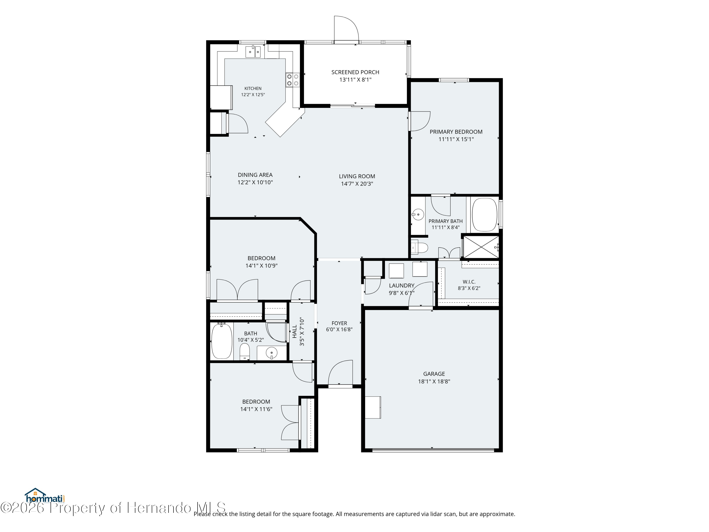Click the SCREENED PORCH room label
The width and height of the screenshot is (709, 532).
(x=355, y=72)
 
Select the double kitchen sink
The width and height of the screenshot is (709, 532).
(x=253, y=52)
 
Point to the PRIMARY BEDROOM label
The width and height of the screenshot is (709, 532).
(x=456, y=132)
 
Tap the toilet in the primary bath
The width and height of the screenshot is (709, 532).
(x=420, y=248)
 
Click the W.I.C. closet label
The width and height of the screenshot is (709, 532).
(x=469, y=282)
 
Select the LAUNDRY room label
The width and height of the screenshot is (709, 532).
(x=402, y=285)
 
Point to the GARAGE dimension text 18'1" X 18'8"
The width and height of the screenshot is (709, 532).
(x=434, y=381)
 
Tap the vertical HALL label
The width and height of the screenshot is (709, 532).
(x=294, y=331)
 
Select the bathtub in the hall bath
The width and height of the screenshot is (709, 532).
(x=221, y=341)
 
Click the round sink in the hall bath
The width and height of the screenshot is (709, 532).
(x=272, y=353)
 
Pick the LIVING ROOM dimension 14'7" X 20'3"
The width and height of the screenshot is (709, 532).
(x=357, y=184)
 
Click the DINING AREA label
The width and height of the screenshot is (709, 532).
(x=255, y=175)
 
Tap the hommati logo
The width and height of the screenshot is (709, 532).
(x=45, y=496)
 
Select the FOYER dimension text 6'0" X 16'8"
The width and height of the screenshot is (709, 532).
(x=339, y=329)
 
